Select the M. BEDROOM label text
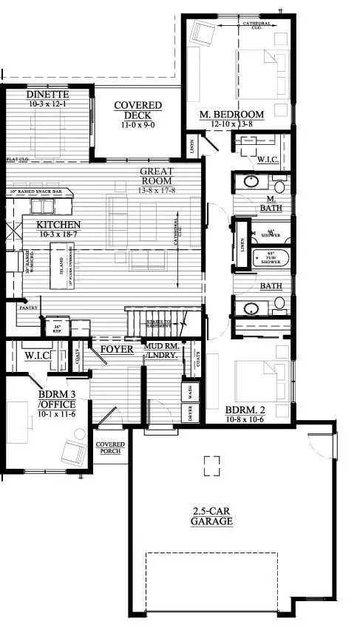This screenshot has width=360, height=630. [232, 115]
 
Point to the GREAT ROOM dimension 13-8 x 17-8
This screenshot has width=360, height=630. [157, 189]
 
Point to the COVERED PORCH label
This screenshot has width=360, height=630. [110, 448]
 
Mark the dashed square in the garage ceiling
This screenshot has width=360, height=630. [211, 464]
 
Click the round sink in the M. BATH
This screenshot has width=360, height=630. [251, 182]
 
